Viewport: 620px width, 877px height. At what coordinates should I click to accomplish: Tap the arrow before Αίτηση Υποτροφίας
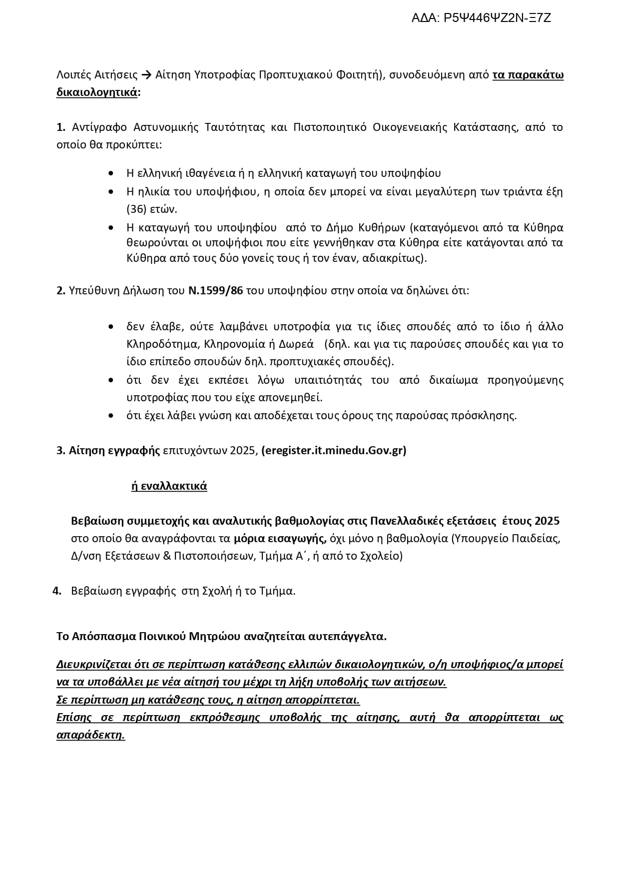point(146,75)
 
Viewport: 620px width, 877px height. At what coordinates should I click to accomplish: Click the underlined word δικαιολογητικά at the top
point(97,93)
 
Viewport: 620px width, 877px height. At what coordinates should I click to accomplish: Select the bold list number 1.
point(61,127)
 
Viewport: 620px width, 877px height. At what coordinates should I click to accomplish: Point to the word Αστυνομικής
point(167,127)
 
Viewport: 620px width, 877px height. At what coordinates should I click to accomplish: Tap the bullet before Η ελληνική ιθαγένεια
point(110,173)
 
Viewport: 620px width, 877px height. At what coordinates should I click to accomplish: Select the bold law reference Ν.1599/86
point(215,291)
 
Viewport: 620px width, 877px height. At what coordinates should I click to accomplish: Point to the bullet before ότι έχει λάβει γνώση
point(110,416)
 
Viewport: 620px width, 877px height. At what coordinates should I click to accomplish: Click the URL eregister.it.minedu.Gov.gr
point(334,451)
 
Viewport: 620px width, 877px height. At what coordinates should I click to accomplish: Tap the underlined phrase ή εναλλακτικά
point(169,486)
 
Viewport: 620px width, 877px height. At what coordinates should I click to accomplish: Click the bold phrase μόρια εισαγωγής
point(280,539)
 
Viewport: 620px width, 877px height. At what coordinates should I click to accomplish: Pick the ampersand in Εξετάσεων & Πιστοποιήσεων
point(167,556)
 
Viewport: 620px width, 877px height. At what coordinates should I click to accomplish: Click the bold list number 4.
point(57,591)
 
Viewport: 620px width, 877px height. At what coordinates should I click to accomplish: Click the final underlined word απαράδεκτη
point(90,735)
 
